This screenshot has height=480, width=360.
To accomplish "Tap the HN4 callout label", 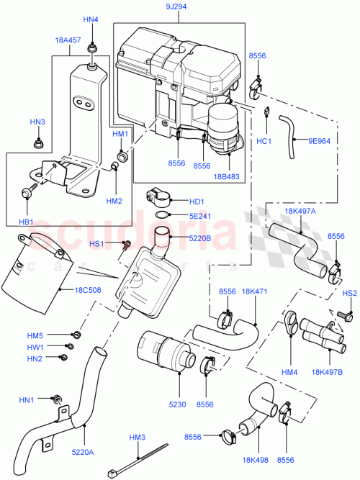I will tap(91, 19).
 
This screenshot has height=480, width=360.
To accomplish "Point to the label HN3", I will tap(38, 122).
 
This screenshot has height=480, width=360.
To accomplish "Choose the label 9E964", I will tap(318, 141).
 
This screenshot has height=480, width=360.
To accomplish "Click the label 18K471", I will tap(254, 291).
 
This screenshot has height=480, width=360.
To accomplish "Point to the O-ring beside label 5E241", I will tap(163, 214).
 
